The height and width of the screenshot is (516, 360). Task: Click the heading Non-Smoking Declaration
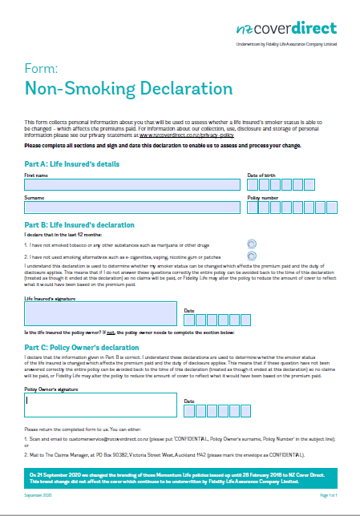pyautogui.click(x=129, y=87)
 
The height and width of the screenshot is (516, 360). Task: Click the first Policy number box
pyautogui.click(x=253, y=208)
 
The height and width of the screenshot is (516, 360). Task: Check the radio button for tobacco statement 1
pyautogui.click(x=253, y=244)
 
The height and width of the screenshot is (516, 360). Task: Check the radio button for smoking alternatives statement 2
pyautogui.click(x=253, y=256)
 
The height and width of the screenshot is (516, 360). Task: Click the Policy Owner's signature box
pyautogui.click(x=100, y=405)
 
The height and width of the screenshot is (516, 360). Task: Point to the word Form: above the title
pyautogui.click(x=38, y=67)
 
